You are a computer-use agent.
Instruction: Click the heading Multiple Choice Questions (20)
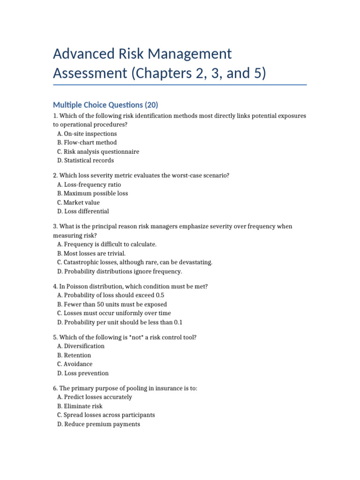coord(105,105)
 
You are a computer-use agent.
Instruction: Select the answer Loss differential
coord(83,211)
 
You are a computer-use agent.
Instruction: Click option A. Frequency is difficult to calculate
coord(107,244)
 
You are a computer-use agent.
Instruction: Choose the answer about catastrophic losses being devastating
coord(135,262)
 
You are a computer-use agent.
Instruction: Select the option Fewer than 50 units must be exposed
coord(112,304)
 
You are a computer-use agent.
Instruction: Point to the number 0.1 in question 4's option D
coord(178,322)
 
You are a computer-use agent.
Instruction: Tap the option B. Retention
coord(74,355)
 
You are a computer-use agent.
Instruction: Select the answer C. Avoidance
coord(75,364)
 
